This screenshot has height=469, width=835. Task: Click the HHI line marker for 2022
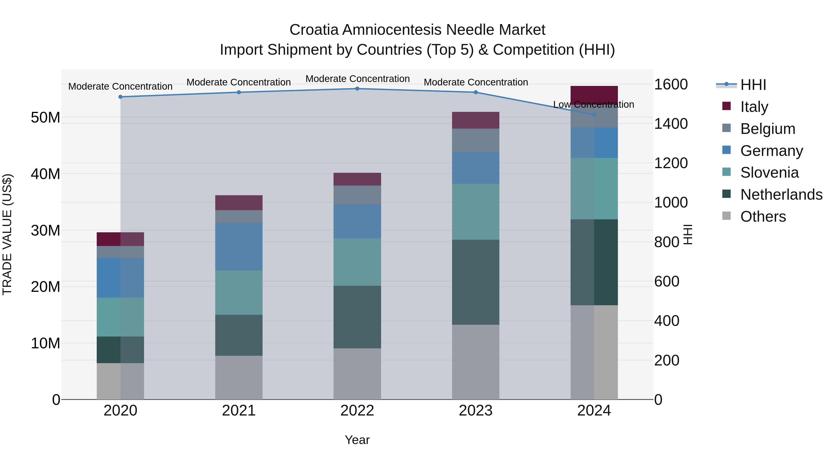click(x=357, y=89)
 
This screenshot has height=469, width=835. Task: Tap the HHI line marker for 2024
click(x=594, y=115)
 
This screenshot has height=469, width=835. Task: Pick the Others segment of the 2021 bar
click(x=239, y=378)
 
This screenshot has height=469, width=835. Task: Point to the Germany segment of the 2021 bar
click(x=239, y=247)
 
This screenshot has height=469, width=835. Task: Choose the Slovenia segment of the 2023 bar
click(x=475, y=212)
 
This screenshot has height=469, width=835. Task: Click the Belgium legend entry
click(x=768, y=129)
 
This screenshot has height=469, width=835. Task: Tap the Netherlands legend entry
click(x=781, y=195)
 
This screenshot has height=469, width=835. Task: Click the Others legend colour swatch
click(x=726, y=216)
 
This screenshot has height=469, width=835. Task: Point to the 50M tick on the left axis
click(x=45, y=117)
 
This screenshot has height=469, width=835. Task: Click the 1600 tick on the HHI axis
click(x=671, y=85)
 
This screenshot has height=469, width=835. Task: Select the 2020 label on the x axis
click(x=120, y=411)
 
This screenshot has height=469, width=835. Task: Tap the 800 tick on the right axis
click(x=666, y=242)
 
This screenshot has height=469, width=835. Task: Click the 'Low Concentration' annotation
click(x=594, y=104)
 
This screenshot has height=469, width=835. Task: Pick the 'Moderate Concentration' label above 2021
click(x=239, y=82)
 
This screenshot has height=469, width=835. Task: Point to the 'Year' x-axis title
click(x=357, y=440)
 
